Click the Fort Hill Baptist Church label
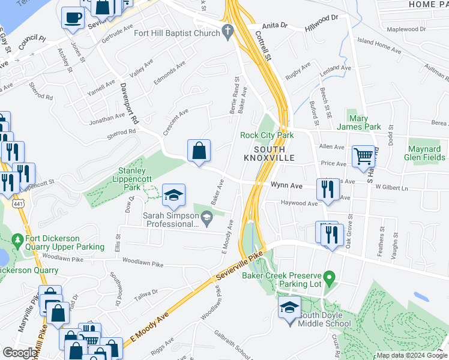(176, 33)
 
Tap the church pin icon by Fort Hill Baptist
(227, 32)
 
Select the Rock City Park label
(267, 135)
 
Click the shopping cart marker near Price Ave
(364, 157)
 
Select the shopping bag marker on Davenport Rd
(199, 151)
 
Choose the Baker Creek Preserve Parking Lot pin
(328, 277)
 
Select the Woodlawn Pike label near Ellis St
(142, 263)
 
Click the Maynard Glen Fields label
(426, 153)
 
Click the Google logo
(20, 352)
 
